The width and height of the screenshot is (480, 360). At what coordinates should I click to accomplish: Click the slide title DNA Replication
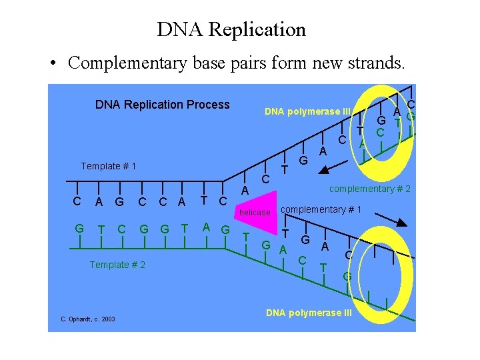231,29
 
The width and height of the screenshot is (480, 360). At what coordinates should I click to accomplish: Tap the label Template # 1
108,166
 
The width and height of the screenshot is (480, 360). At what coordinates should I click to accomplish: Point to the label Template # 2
117,265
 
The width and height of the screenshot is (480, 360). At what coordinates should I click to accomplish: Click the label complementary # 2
371,189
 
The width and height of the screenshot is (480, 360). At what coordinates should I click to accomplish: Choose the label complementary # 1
321,210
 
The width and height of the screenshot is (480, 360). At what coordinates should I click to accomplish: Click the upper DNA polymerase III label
307,111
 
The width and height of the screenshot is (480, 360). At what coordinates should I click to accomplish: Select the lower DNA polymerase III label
309,313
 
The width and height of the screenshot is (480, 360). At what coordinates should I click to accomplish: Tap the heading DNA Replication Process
162,105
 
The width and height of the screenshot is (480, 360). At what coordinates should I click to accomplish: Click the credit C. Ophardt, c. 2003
88,319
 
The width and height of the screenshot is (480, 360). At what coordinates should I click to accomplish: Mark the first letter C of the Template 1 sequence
77,201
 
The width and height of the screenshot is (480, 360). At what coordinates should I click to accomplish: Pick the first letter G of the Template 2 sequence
79,229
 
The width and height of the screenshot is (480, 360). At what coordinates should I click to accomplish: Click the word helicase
255,213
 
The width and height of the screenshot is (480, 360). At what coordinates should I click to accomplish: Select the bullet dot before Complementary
52,63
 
